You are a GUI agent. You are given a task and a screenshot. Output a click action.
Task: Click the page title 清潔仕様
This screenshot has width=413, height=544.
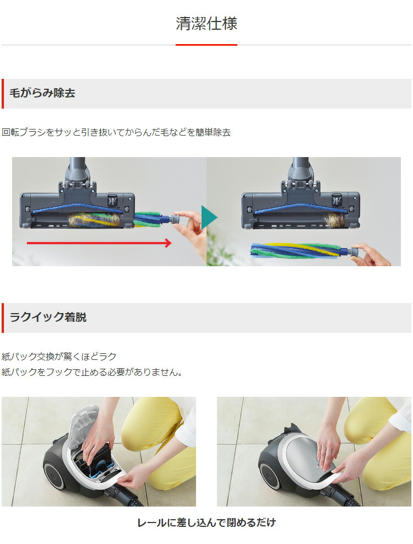coord(206,24)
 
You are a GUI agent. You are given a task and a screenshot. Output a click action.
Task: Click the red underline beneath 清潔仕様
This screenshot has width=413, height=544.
coord(206,45)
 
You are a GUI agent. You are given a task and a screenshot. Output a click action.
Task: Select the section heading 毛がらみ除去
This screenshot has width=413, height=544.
coord(42,93)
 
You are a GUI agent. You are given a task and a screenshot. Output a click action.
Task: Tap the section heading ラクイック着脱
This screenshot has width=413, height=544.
coord(48,317)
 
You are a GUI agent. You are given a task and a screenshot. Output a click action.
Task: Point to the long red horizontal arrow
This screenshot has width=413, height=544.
coord(99,243)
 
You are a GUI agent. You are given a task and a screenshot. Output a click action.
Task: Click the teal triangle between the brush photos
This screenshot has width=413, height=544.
coord(209,218)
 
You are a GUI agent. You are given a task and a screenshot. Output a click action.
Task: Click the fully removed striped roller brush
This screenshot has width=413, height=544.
coord(297,251)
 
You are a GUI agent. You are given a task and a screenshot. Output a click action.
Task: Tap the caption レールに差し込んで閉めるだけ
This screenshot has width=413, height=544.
coord(206,523)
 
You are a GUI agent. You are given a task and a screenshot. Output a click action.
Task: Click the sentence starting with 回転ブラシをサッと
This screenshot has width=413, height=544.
coord(116,132)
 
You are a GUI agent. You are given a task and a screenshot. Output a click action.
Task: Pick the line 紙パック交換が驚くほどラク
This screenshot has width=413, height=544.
coord(59,356)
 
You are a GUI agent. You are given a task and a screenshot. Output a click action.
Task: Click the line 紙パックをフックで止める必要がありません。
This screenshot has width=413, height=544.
coord(92,372)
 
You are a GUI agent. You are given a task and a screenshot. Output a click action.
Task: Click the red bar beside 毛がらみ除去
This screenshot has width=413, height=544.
coord(2,93)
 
